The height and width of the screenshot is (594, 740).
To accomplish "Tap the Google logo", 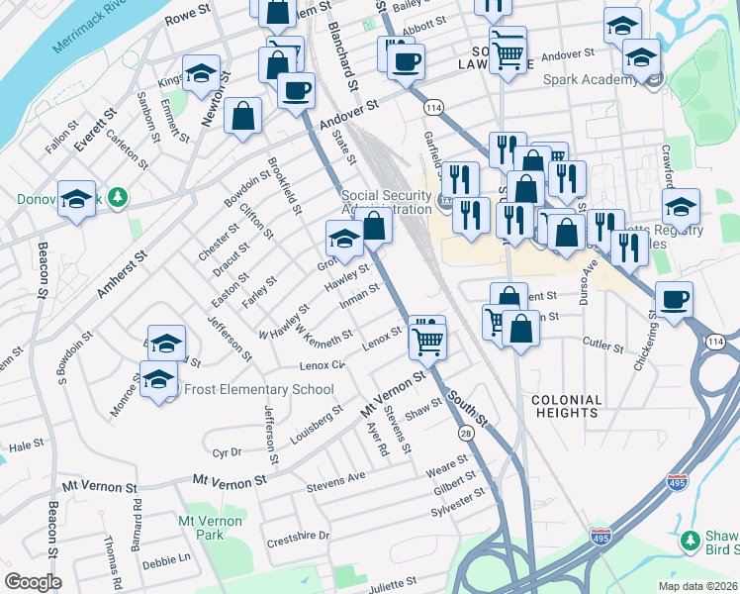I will [x=33, y=582].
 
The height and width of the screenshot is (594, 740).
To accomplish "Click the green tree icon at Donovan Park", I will [x=118, y=198].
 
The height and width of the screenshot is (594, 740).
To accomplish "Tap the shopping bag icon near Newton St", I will [x=242, y=116].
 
